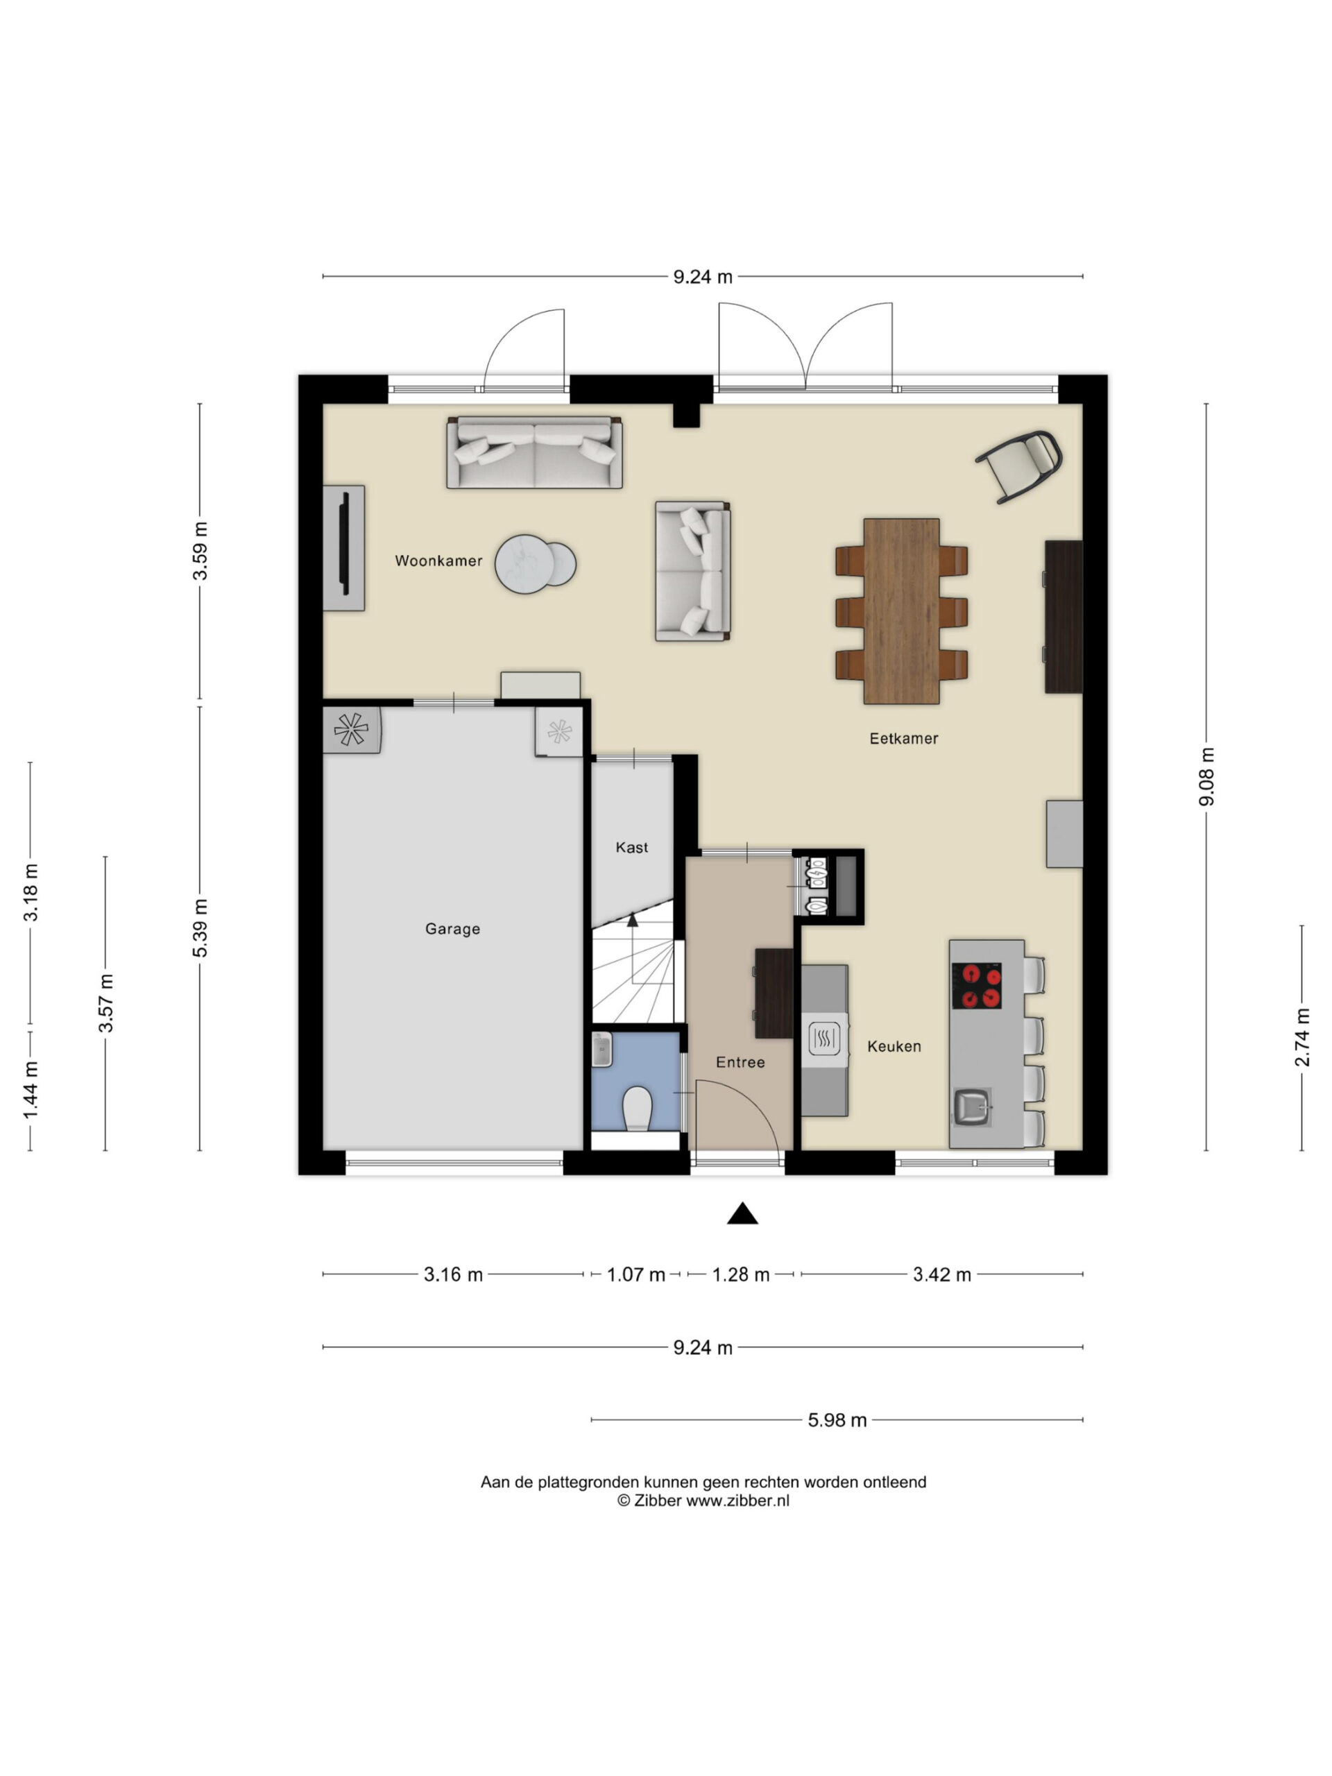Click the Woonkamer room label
pyautogui.click(x=438, y=561)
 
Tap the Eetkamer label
pyautogui.click(x=903, y=739)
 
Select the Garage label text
pyautogui.click(x=453, y=929)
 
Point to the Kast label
pyautogui.click(x=632, y=847)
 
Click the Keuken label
pyautogui.click(x=894, y=1046)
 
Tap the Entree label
pyautogui.click(x=740, y=1062)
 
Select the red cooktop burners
pyautogui.click(x=976, y=986)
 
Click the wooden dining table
pyautogui.click(x=902, y=611)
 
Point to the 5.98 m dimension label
pyautogui.click(x=837, y=1420)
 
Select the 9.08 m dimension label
pyautogui.click(x=1206, y=776)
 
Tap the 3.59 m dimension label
pyautogui.click(x=200, y=551)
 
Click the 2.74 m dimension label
pyautogui.click(x=1302, y=1038)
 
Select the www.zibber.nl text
pyautogui.click(x=737, y=1501)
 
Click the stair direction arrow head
pyautogui.click(x=633, y=920)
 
